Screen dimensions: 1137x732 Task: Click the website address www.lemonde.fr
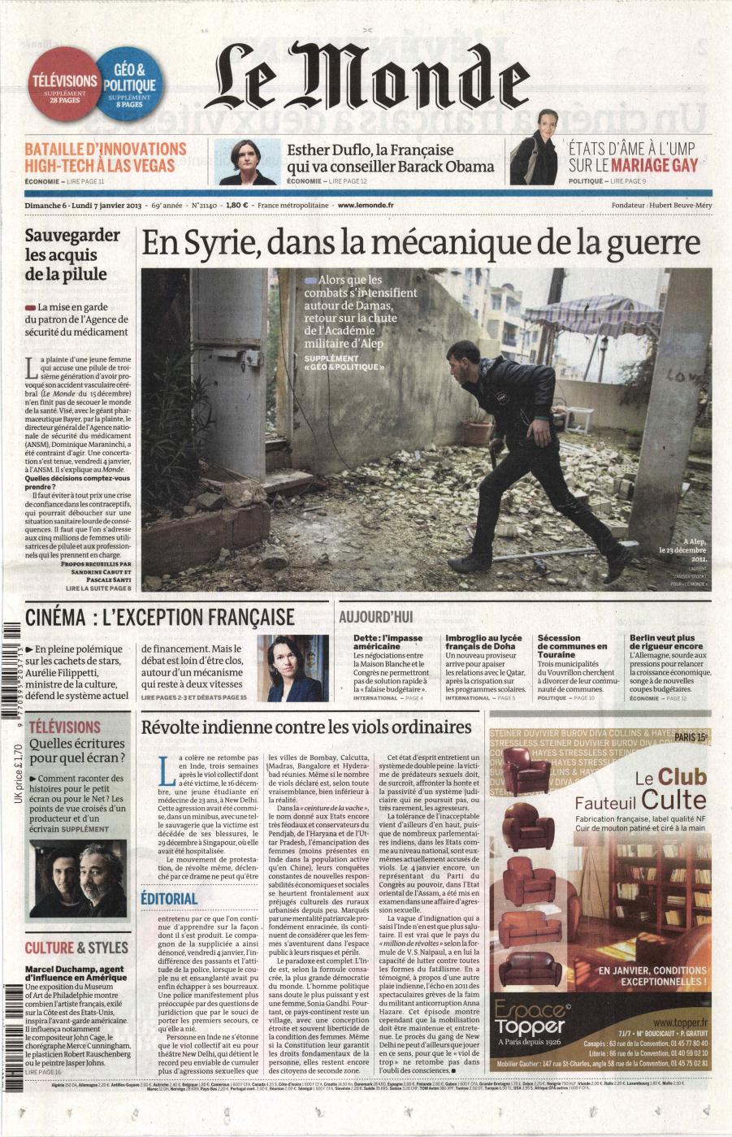tap(366, 206)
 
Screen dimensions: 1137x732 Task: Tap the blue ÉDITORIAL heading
tap(169, 897)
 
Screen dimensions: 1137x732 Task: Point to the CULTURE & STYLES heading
tap(76, 948)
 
